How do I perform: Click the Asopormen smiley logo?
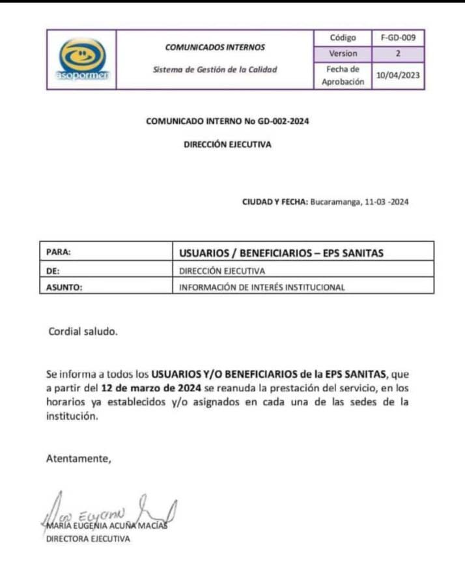click(81, 59)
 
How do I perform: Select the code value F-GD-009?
click(398, 38)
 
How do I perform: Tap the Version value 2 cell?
click(398, 54)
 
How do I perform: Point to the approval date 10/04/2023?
click(398, 76)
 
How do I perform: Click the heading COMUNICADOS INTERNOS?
click(215, 47)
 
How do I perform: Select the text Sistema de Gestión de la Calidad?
click(215, 70)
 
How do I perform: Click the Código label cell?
click(343, 38)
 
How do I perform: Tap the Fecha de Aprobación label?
click(343, 76)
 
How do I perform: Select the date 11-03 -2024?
click(386, 202)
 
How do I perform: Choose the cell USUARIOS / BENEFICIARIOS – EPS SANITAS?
click(281, 253)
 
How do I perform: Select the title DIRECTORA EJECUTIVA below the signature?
click(88, 539)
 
